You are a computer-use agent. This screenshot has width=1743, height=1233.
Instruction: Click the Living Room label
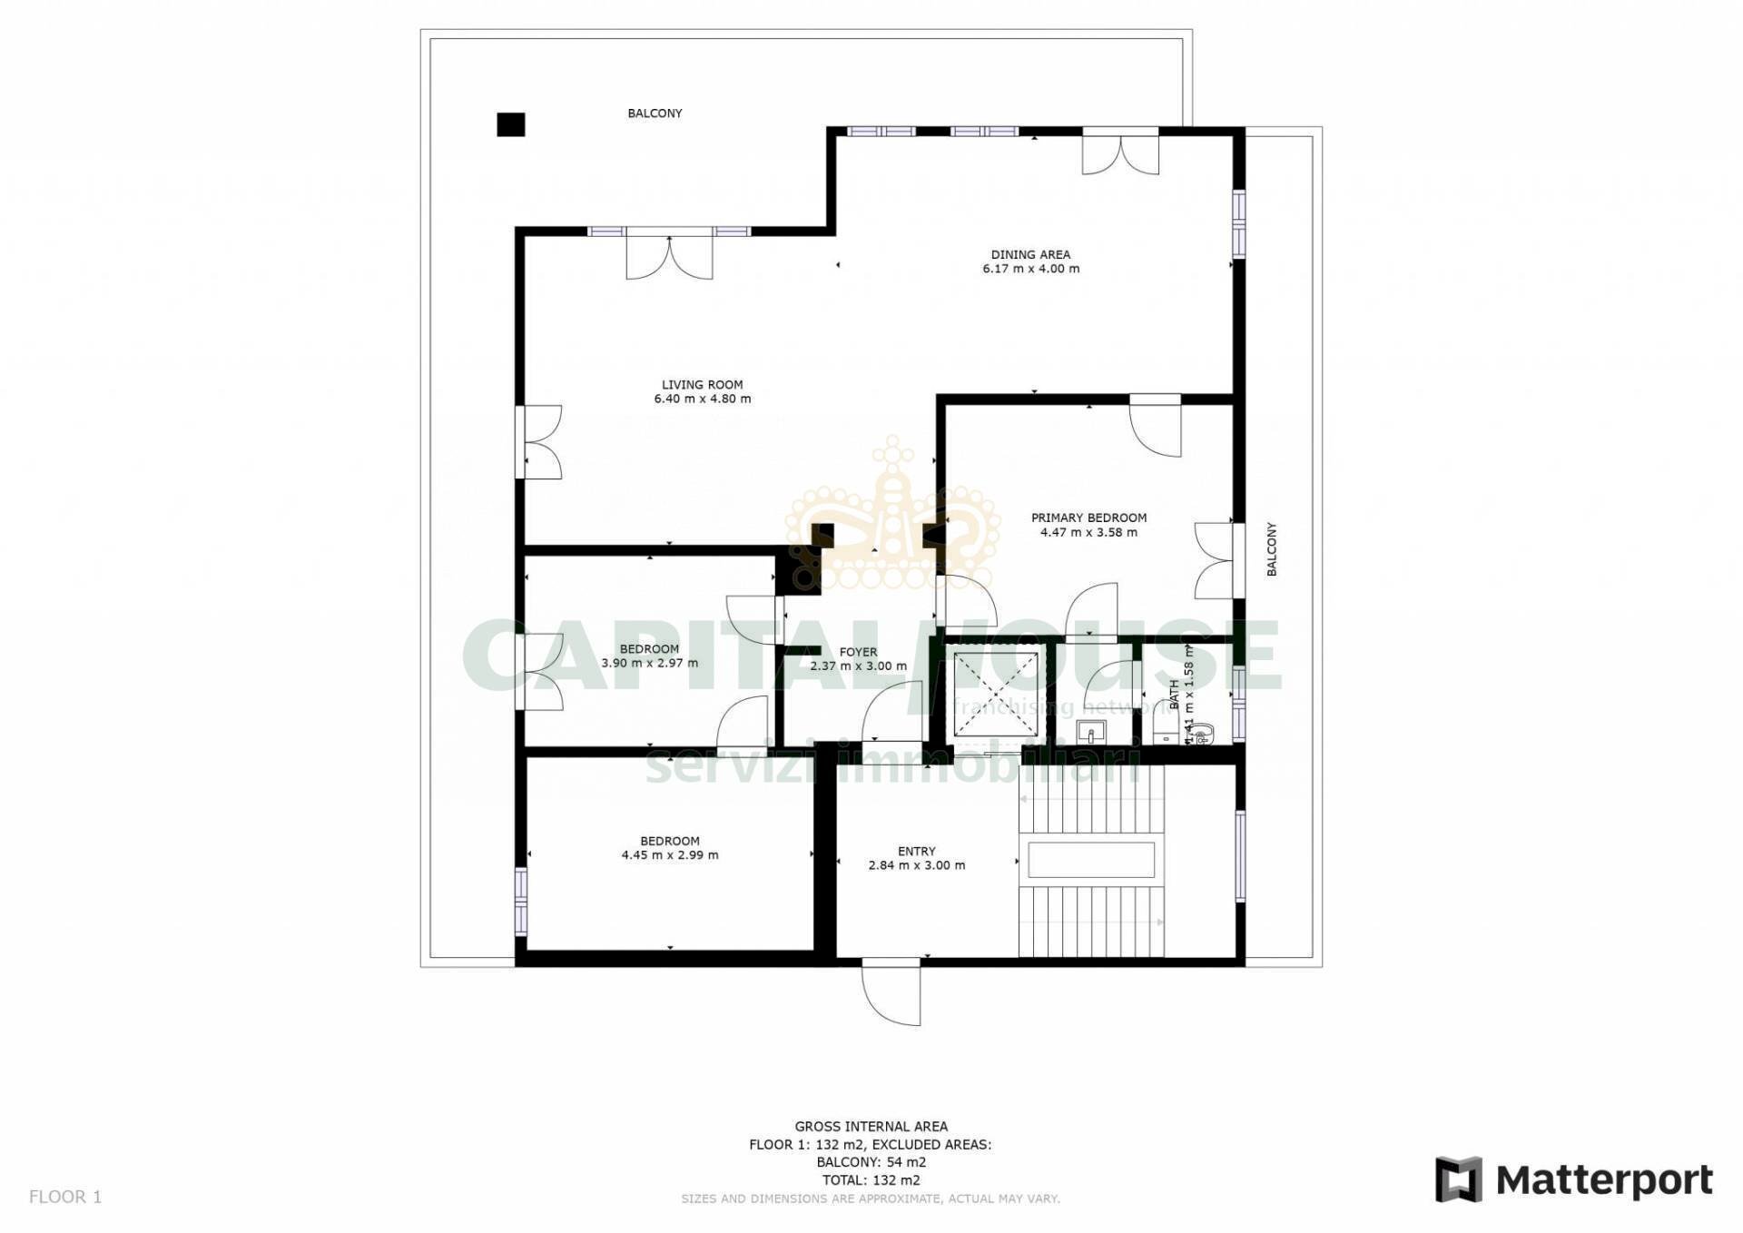702,385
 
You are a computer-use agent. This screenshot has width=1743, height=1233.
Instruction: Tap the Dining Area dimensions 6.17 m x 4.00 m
1030,269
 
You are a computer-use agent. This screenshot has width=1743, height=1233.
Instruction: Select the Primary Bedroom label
1088,518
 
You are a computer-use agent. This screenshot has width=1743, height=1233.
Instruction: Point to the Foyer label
858,652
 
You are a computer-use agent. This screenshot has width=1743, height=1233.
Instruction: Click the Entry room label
916,852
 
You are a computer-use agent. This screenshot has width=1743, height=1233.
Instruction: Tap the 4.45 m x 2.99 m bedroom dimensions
670,855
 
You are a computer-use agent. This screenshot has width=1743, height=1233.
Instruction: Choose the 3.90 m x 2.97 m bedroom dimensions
650,663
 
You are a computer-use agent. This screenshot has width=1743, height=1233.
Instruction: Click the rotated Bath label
1174,695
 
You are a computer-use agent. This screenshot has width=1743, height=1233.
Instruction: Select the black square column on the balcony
511,124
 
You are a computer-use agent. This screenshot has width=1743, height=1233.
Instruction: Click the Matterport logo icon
1458,1179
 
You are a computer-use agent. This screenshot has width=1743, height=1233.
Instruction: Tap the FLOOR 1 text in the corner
65,1197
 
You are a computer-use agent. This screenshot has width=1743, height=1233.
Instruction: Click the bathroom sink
1090,731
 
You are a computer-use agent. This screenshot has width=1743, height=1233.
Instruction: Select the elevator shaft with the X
995,695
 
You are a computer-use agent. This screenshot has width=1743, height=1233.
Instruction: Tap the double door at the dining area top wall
1120,151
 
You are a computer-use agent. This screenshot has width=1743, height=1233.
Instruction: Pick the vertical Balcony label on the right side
1271,549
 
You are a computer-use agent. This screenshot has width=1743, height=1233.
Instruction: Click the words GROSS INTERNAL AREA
871,1127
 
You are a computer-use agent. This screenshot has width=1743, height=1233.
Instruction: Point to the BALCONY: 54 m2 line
871,1162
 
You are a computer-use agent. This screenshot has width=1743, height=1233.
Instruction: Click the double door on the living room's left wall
539,441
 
